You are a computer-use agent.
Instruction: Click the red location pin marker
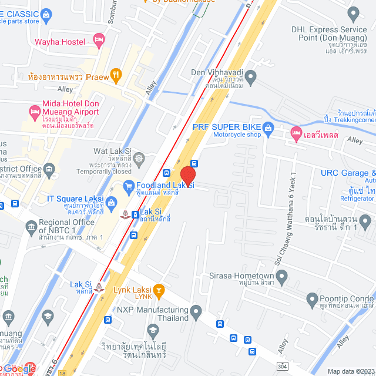click(187, 176)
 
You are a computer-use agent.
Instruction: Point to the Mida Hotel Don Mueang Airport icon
click(34, 110)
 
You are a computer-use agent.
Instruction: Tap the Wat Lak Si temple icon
click(139, 158)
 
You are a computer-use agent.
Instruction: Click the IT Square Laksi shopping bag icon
click(112, 202)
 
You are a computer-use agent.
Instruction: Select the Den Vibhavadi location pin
click(251, 75)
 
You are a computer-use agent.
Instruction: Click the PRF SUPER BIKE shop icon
click(268, 127)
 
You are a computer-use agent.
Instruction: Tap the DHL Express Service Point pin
click(353, 13)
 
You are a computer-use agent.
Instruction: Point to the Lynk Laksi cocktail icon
click(158, 290)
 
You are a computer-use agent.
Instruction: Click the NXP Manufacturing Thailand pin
click(196, 310)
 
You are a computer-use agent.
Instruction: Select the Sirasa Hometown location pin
click(282, 276)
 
